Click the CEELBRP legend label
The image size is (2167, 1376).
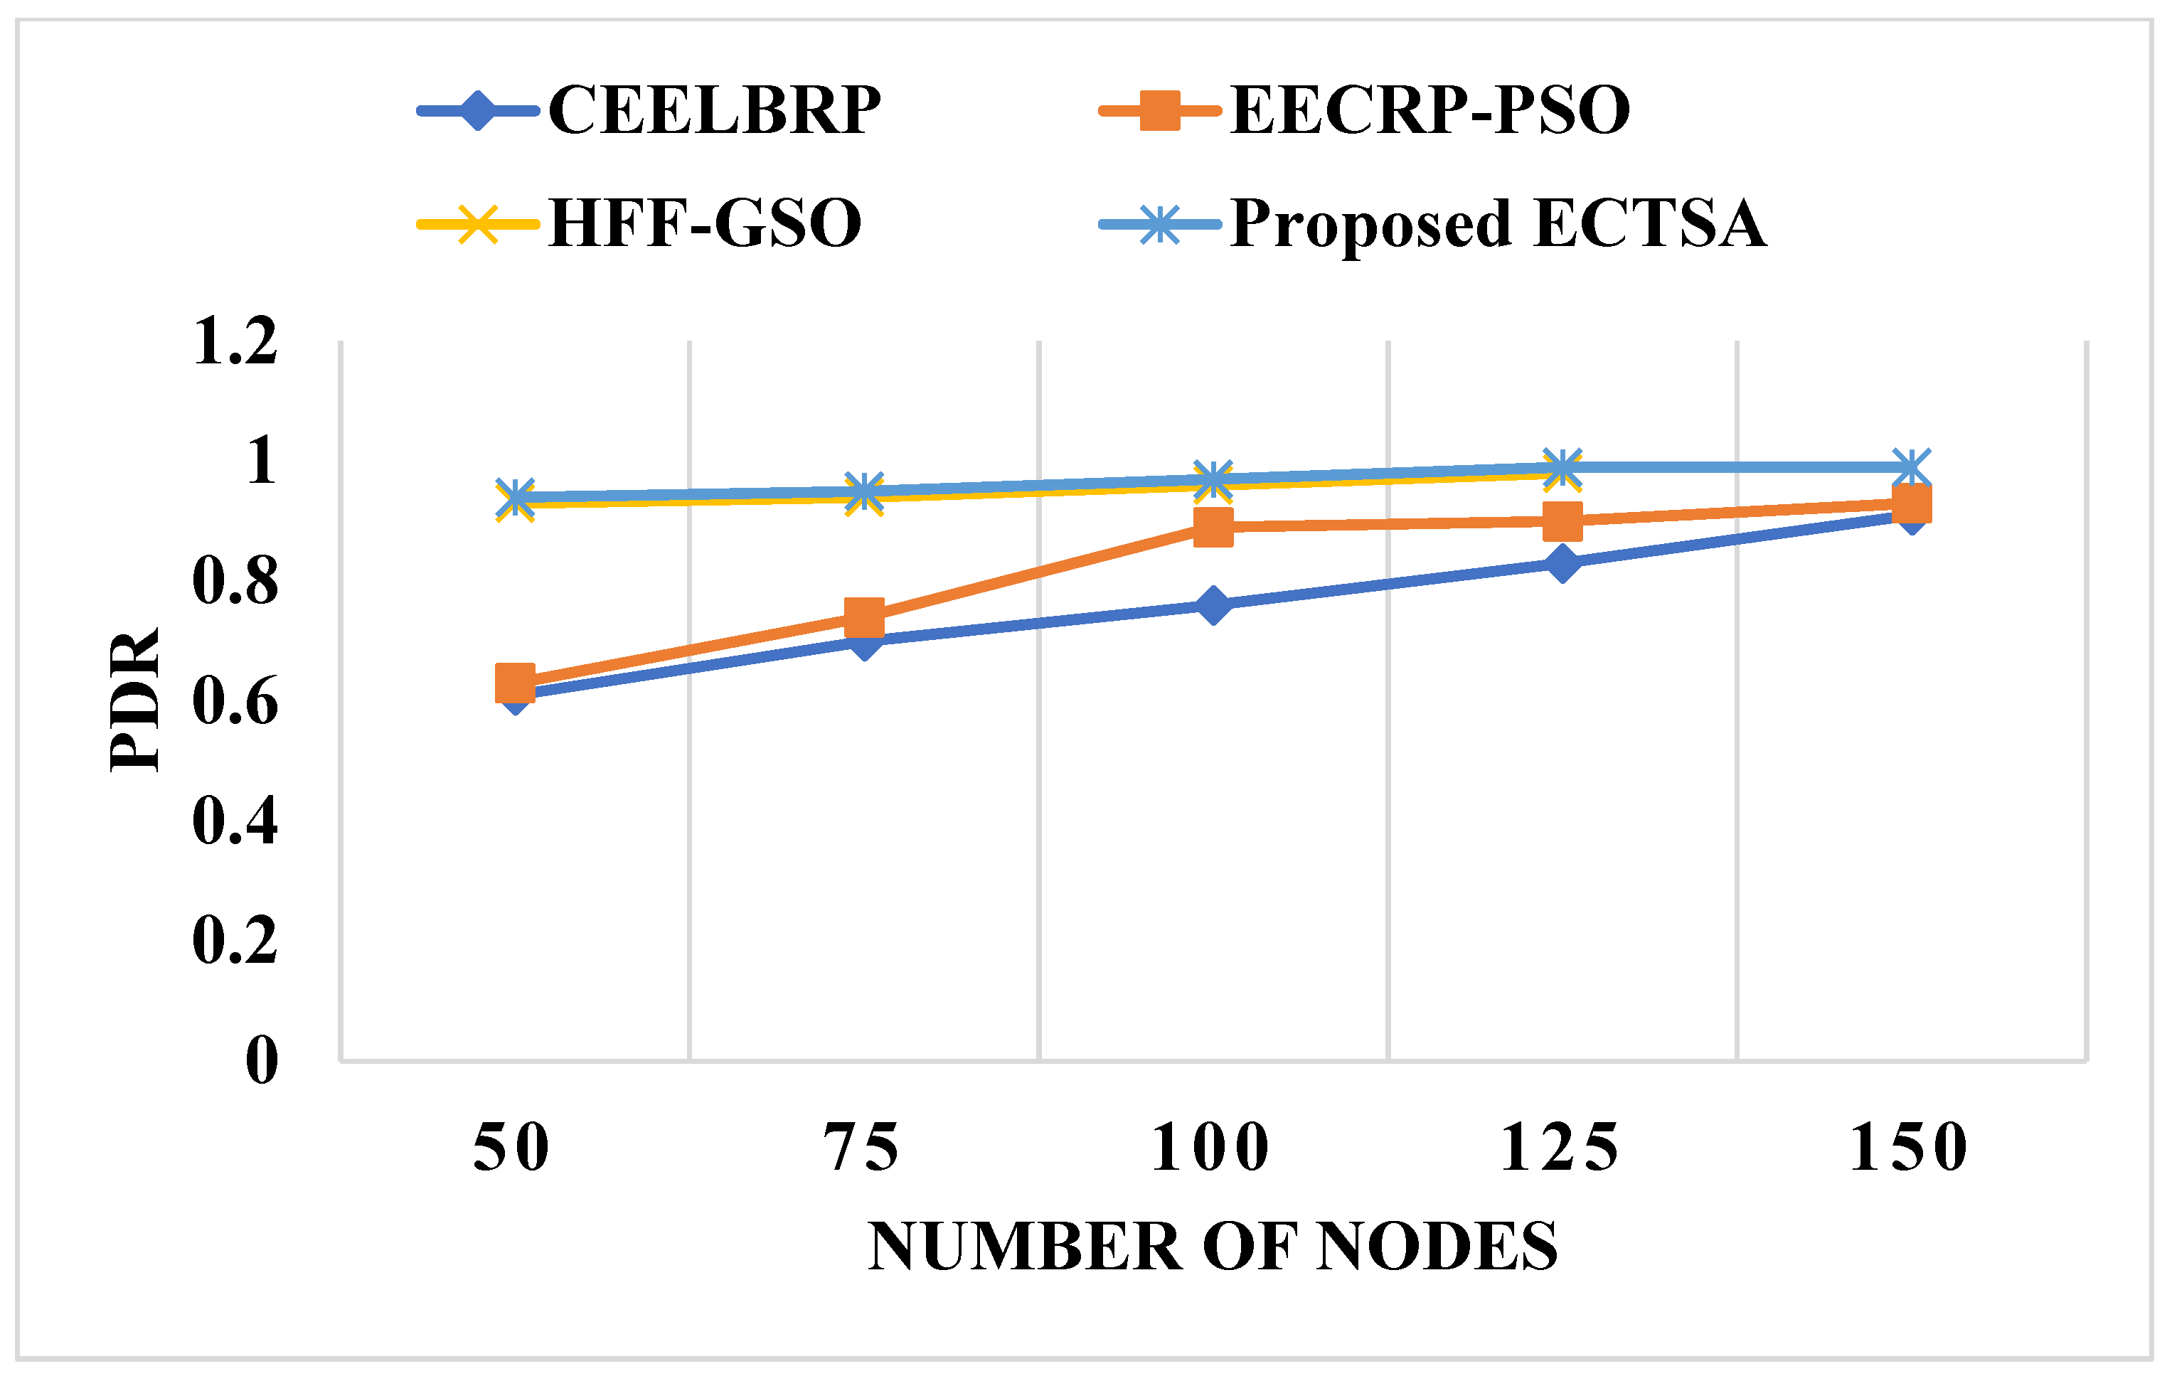713,111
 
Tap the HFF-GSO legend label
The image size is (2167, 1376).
705,223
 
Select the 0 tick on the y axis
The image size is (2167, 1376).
262,1060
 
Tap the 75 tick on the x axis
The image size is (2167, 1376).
862,1148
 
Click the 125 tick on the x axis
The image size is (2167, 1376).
1560,1148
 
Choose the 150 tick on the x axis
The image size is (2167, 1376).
1910,1148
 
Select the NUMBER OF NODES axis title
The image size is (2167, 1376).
1212,1247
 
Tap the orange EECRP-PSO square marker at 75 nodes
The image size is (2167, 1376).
865,618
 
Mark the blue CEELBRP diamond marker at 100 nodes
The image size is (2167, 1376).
1213,604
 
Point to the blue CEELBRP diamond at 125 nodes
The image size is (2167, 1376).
1562,563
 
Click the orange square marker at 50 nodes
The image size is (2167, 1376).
515,683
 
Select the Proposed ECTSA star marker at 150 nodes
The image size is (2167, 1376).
1910,467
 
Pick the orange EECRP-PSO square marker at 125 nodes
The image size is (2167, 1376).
1562,521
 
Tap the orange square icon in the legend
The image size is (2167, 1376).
1160,111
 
